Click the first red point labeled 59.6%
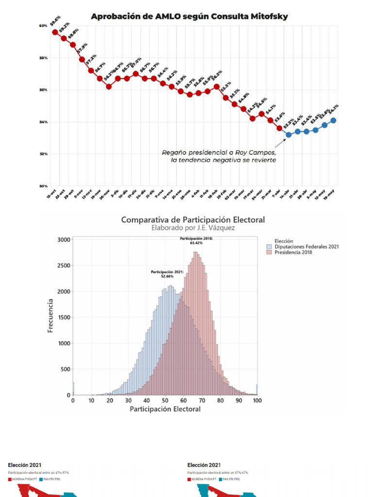(55, 32)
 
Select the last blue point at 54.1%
(333, 120)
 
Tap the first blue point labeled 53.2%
(288, 134)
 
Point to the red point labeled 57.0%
(136, 74)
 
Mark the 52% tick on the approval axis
(44, 154)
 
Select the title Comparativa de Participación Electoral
(193, 220)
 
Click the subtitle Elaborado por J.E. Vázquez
(193, 228)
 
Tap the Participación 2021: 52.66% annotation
(167, 274)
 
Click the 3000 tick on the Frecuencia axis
(64, 240)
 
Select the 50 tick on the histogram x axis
(165, 401)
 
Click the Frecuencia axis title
(51, 316)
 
